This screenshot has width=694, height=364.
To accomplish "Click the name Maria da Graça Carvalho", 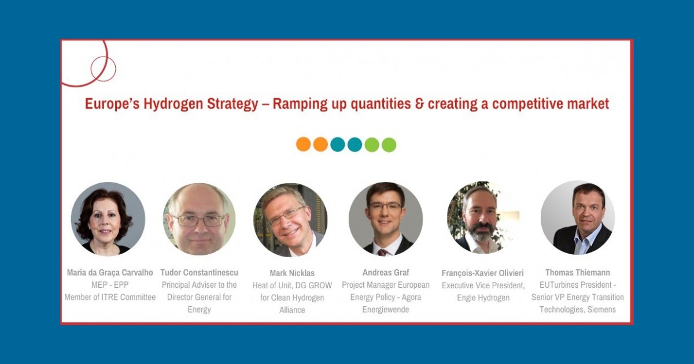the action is [110, 272].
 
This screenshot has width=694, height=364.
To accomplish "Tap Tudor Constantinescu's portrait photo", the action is [199, 219].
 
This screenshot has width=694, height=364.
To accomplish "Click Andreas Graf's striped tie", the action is [382, 252].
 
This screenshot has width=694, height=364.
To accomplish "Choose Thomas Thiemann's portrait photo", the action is [578, 218].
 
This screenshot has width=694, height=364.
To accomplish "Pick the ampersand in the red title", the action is [419, 103].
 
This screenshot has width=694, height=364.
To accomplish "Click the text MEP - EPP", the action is [110, 285].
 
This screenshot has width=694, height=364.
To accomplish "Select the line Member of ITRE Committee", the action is [110, 297].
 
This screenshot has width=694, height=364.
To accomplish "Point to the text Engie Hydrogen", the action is [483, 298].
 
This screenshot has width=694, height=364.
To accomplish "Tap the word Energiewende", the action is [386, 310].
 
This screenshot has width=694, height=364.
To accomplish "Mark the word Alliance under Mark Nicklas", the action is [292, 310].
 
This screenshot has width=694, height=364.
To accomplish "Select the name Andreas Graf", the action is [386, 272].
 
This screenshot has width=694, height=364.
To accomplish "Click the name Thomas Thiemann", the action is [578, 272].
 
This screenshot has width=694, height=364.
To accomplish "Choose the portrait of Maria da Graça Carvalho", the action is [108, 219].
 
